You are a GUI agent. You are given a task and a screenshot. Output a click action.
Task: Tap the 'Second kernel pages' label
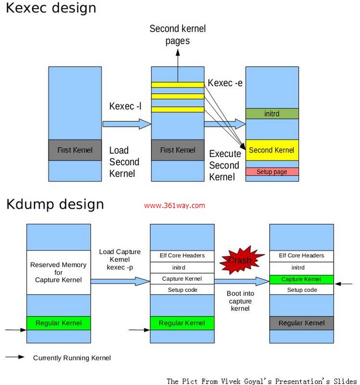(x=177, y=34)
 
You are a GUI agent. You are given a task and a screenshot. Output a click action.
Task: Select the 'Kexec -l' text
(x=125, y=106)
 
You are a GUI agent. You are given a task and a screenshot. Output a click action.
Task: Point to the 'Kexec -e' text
(x=225, y=84)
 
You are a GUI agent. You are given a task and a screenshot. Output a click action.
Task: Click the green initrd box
(x=272, y=114)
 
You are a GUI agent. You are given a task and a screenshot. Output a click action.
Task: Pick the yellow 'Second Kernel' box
(x=272, y=150)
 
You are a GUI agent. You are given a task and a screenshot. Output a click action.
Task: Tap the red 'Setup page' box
(x=272, y=172)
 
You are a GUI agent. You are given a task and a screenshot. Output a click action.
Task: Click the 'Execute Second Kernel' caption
(x=224, y=165)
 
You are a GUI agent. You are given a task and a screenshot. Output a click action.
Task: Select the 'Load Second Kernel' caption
(x=124, y=162)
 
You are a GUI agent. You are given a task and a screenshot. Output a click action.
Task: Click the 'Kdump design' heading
(x=55, y=205)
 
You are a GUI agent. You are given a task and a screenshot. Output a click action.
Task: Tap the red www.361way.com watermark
(x=174, y=206)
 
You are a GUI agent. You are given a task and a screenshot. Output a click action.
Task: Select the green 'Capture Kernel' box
(x=300, y=279)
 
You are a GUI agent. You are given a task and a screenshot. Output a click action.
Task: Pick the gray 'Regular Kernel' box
(x=300, y=323)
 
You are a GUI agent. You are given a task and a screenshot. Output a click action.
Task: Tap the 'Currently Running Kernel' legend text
(x=71, y=357)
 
